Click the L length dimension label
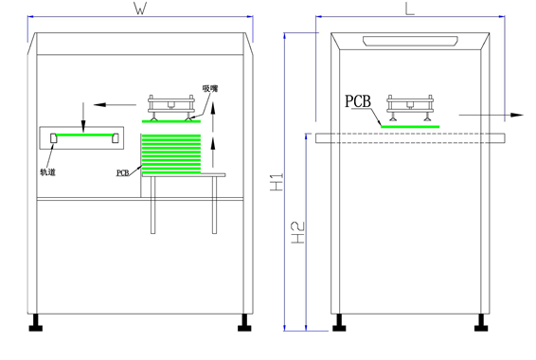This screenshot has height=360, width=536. pyautogui.click(x=409, y=9)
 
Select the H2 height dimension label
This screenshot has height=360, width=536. pyautogui.click(x=295, y=233)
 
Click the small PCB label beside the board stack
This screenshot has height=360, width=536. pyautogui.click(x=123, y=173)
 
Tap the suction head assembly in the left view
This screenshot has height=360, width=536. pyautogui.click(x=172, y=106)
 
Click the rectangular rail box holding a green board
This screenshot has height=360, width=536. pyautogui.click(x=81, y=139)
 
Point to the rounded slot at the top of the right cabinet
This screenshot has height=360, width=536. pyautogui.click(x=409, y=41)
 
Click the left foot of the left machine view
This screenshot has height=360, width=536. pyautogui.click(x=38, y=323)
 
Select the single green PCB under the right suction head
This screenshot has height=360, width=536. pyautogui.click(x=410, y=125)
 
